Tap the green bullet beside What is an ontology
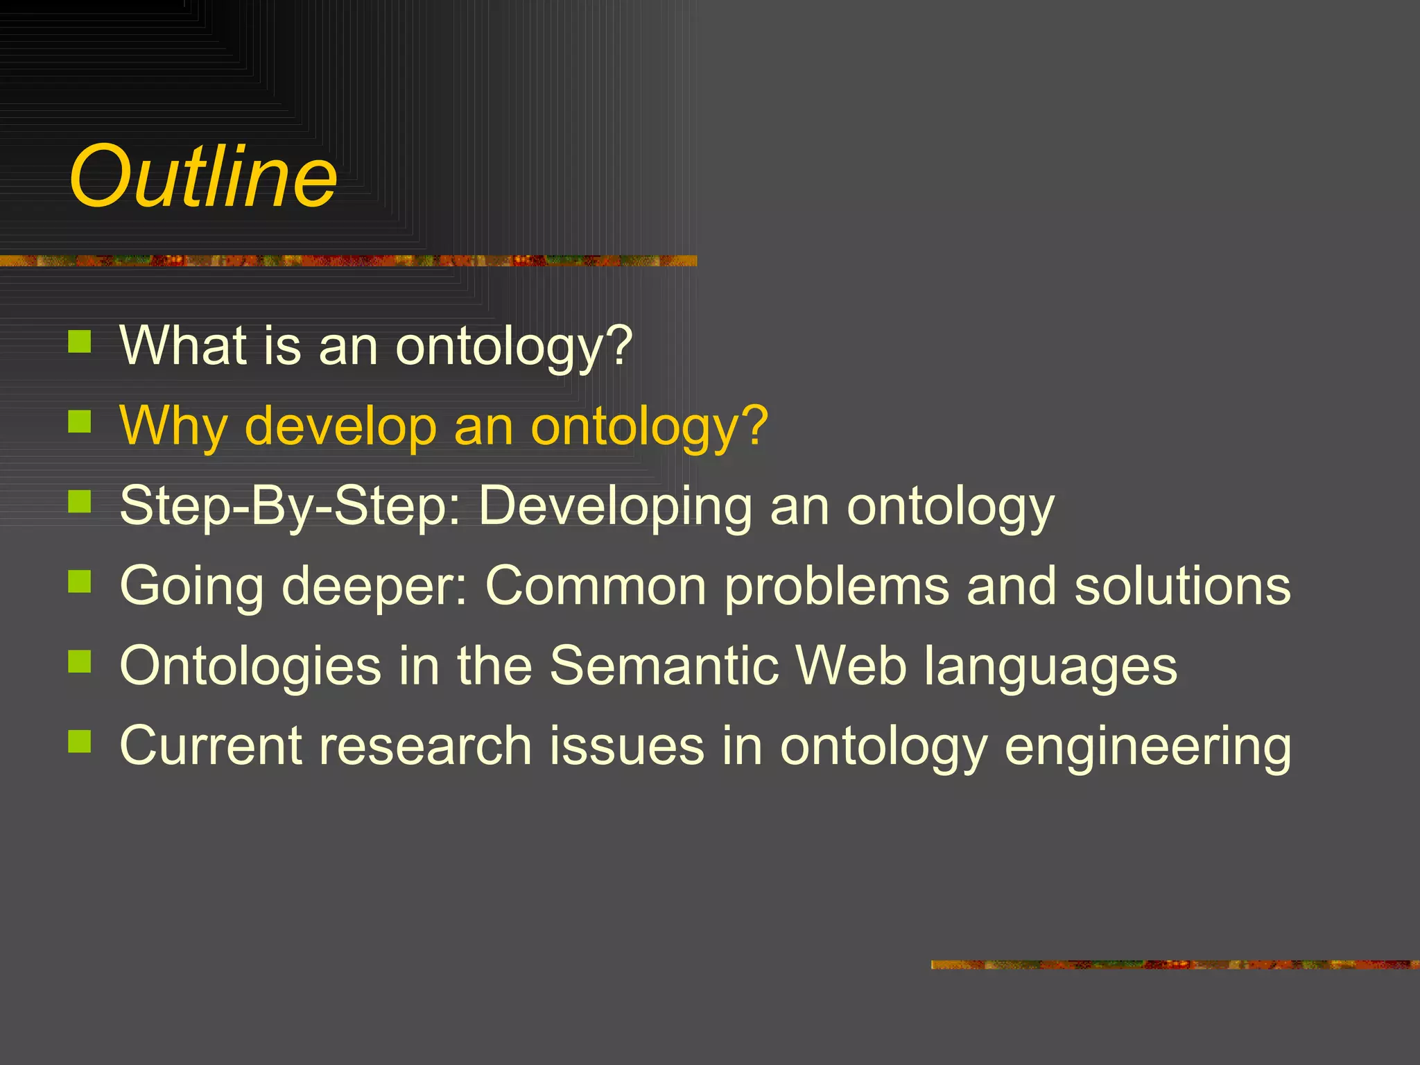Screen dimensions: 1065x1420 [80, 341]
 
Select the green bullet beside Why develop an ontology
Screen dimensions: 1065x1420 [80, 421]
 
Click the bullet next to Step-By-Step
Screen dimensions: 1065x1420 [80, 501]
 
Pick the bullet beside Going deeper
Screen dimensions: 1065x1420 [80, 581]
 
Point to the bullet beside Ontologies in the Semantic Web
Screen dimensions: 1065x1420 [80, 661]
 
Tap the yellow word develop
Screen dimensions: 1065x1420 [340, 426]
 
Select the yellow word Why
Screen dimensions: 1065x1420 [173, 426]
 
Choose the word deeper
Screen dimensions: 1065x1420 [374, 587]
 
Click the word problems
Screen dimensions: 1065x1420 [836, 587]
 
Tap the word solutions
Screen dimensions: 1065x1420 [1182, 586]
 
